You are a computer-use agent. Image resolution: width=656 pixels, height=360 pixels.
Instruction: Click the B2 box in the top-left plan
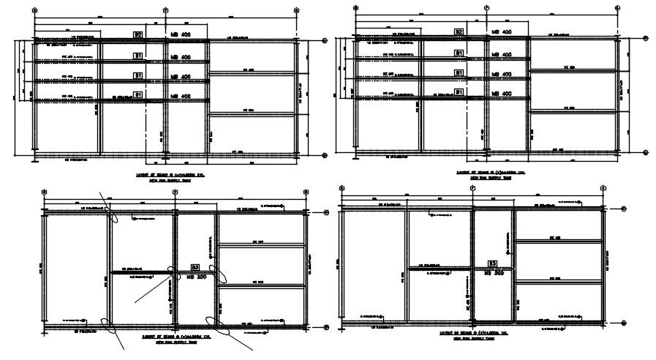[x=137, y=34]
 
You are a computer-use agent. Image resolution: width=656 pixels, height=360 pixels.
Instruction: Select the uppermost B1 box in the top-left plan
[x=137, y=56]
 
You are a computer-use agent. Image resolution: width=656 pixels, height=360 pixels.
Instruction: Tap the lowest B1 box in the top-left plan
[x=137, y=94]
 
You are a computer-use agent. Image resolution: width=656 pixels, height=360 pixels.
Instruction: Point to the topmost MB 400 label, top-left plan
[x=180, y=35]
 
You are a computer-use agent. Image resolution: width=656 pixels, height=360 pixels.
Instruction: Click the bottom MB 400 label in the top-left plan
[x=180, y=96]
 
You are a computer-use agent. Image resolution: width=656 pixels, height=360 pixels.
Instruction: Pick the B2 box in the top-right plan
[x=459, y=31]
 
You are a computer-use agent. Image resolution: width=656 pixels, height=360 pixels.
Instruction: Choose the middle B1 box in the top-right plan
[x=459, y=73]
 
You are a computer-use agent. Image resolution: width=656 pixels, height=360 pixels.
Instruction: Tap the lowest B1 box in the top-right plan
[x=459, y=92]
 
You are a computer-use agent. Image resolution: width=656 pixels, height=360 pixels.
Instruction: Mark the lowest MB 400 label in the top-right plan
[x=501, y=94]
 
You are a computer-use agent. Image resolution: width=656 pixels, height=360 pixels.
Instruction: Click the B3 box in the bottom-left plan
[x=195, y=268]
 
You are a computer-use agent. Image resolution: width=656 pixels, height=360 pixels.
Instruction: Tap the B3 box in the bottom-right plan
[x=493, y=263]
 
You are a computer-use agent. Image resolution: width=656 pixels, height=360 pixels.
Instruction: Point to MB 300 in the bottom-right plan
[x=495, y=272]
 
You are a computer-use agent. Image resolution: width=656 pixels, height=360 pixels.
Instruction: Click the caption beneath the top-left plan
[x=168, y=177]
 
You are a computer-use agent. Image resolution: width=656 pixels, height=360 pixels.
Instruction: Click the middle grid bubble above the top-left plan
[x=166, y=10]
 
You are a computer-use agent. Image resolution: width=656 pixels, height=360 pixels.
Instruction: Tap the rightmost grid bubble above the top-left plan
[x=297, y=10]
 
